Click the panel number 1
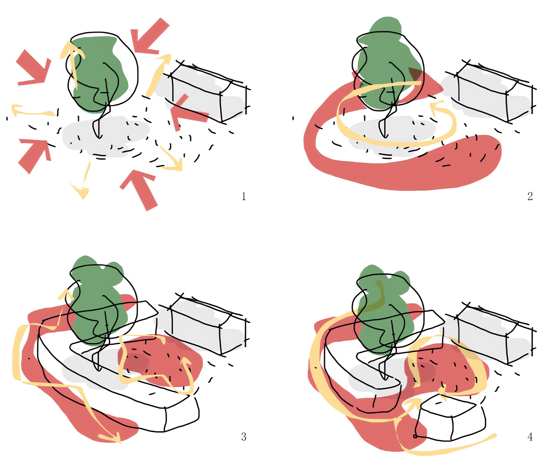pyautogui.click(x=244, y=196)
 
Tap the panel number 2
pyautogui.click(x=530, y=196)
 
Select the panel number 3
pyautogui.click(x=244, y=437)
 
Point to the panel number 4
pyautogui.click(x=530, y=437)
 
